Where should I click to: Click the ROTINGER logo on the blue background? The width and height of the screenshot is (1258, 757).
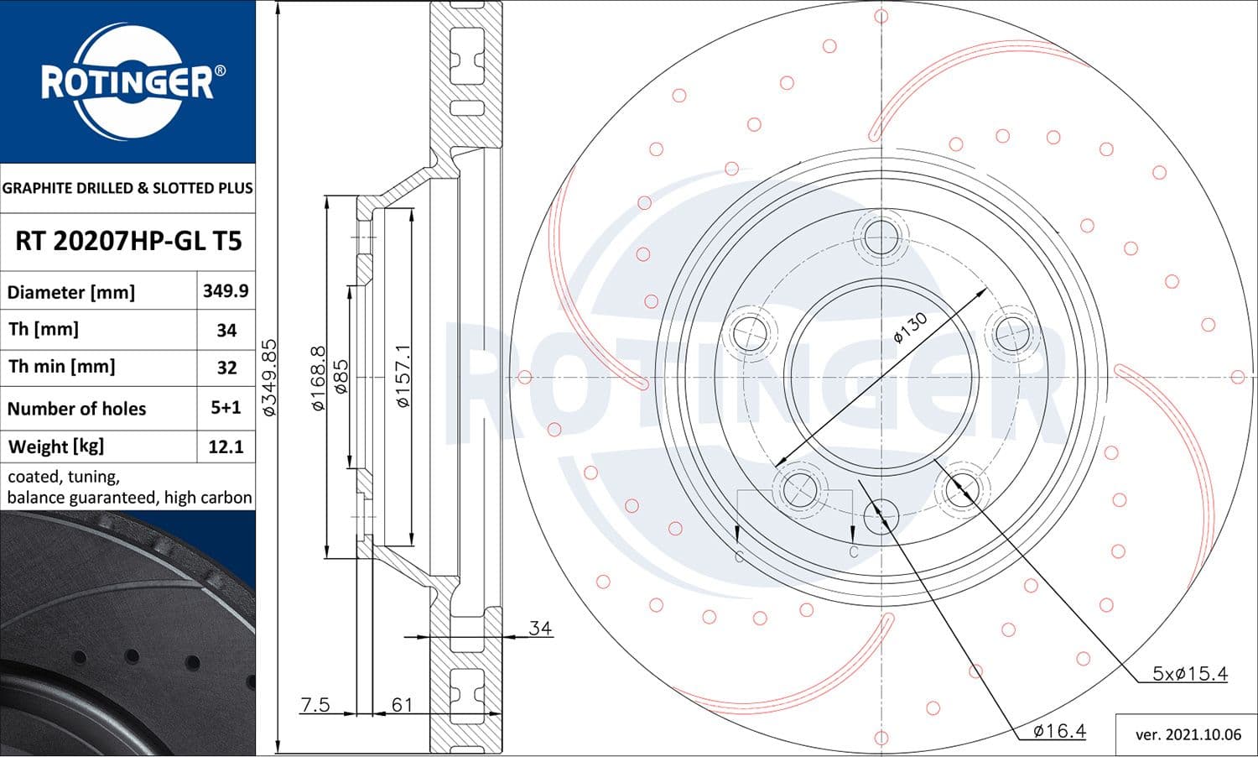tap(127, 81)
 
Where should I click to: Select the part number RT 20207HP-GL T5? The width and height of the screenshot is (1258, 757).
tap(128, 241)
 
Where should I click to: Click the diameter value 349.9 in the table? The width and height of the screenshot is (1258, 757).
tap(226, 290)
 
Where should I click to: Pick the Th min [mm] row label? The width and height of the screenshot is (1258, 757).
tap(62, 367)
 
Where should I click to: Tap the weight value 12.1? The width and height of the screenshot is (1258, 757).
tap(226, 446)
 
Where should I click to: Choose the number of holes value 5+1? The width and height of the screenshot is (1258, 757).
tap(226, 407)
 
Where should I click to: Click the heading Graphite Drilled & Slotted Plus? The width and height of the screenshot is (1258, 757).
tap(127, 188)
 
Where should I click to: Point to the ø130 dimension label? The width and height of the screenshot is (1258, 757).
tap(910, 327)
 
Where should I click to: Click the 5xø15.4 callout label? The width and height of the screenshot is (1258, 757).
tap(1189, 673)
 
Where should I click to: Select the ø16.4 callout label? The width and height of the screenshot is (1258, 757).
tap(1058, 731)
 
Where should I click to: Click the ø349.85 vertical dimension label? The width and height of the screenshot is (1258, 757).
tap(269, 378)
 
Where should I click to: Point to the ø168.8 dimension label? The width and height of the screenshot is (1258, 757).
tap(318, 378)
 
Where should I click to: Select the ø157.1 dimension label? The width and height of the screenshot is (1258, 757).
tap(403, 376)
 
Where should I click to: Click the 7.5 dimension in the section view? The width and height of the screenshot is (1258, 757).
tap(315, 705)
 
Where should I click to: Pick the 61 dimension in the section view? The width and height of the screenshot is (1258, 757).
tap(403, 705)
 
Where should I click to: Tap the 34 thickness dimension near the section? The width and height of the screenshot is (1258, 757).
tap(540, 628)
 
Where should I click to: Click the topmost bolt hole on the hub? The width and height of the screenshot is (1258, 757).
tap(881, 236)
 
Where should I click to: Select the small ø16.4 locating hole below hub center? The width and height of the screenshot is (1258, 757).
tap(881, 515)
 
